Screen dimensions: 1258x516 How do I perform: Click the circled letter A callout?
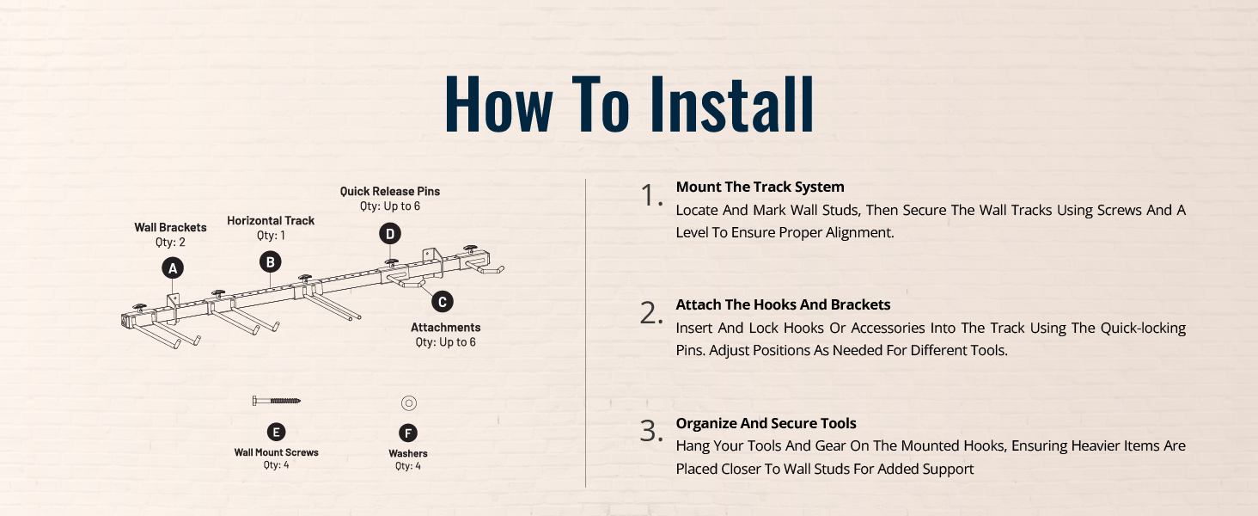click(x=173, y=268)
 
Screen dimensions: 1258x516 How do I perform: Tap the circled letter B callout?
click(x=270, y=262)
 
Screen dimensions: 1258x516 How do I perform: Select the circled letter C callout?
click(x=443, y=302)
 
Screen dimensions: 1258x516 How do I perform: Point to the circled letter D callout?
click(x=390, y=233)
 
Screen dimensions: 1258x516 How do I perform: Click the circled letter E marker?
click(x=276, y=433)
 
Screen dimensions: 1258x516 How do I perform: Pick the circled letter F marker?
click(x=408, y=433)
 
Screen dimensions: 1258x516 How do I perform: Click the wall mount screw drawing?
click(x=277, y=401)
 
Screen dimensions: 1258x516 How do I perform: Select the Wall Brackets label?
click(x=170, y=227)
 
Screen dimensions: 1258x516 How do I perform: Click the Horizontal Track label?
click(x=271, y=220)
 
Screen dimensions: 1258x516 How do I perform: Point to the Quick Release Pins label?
click(x=390, y=191)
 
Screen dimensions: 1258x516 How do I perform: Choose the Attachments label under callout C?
click(x=445, y=327)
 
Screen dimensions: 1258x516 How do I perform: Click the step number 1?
click(x=650, y=195)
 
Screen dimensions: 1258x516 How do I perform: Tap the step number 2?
click(x=650, y=313)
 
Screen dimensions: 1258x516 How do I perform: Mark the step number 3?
click(x=650, y=431)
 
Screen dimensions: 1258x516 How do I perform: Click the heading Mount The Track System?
click(x=760, y=187)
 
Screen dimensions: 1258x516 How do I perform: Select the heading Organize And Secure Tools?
click(x=766, y=423)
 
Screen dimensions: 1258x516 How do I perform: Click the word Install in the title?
click(x=732, y=105)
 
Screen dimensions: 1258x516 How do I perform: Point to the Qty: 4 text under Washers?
click(x=407, y=466)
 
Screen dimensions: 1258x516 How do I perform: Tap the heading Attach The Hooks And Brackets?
click(x=783, y=304)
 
